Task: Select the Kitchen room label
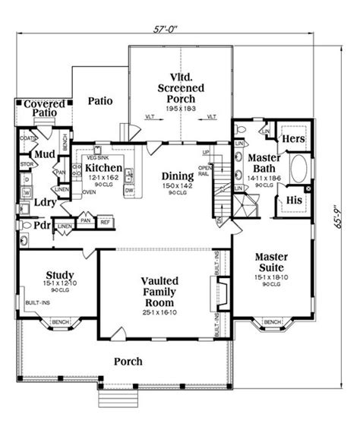tap(105, 168)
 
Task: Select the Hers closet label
tap(294, 140)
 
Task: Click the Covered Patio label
tap(42, 108)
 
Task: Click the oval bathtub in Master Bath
tap(296, 169)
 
